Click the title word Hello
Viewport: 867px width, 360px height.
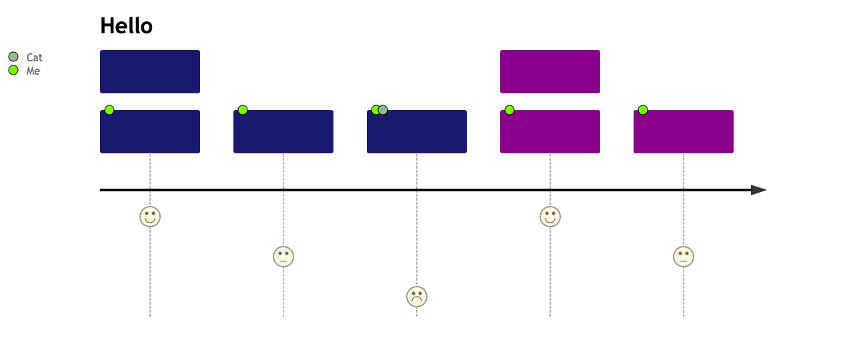coord(126,26)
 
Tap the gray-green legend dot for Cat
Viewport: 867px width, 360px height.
coord(13,57)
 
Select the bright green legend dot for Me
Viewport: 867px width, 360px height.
coord(13,70)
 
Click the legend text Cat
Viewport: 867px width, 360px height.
coord(34,57)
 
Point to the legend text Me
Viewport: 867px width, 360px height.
coord(33,71)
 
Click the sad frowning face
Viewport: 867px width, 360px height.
coord(417,297)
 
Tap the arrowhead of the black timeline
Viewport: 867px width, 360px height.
coord(758,190)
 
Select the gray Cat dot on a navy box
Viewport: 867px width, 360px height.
coord(383,110)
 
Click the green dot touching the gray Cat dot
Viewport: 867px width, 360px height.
coord(375,110)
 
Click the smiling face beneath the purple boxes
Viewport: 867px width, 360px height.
coord(550,217)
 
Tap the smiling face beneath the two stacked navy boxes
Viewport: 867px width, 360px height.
coord(150,217)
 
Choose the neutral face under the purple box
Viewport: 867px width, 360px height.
coord(684,257)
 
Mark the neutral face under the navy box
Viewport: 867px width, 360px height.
coord(283,257)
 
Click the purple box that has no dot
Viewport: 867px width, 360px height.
coord(550,71)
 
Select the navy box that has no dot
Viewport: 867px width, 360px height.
coord(150,71)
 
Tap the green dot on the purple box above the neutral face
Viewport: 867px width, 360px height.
coord(643,110)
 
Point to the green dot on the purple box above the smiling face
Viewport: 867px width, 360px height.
coord(510,110)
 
